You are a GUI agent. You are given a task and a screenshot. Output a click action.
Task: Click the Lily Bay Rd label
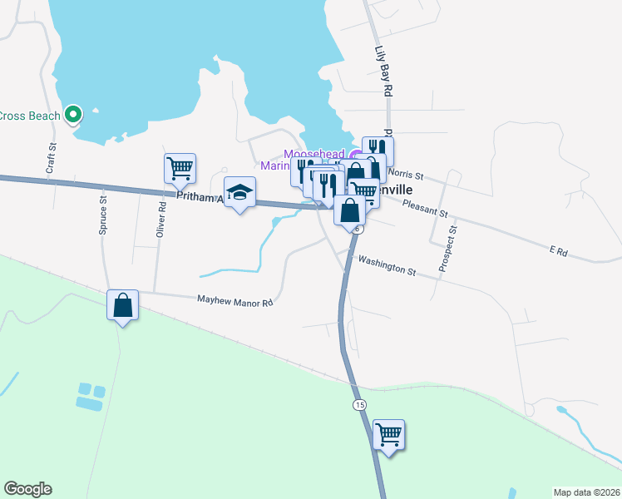point(383,72)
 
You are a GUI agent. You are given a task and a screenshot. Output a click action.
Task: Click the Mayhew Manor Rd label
point(234,301)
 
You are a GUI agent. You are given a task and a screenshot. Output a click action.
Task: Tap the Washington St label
point(387,265)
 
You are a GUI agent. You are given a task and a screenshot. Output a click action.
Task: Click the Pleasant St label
point(425,205)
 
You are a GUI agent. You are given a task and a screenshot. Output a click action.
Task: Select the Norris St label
point(406,176)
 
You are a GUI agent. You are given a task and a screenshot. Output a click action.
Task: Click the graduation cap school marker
point(239,193)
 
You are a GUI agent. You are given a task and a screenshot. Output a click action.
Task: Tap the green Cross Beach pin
point(73,115)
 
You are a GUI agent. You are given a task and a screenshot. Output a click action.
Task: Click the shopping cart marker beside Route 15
point(388,433)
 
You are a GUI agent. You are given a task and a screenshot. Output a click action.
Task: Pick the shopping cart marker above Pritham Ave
point(180,168)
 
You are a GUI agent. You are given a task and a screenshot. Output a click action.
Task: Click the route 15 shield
point(358,404)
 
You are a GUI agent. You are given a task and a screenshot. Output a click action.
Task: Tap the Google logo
point(27,489)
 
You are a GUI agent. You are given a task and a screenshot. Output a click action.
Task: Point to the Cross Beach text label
point(30,116)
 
